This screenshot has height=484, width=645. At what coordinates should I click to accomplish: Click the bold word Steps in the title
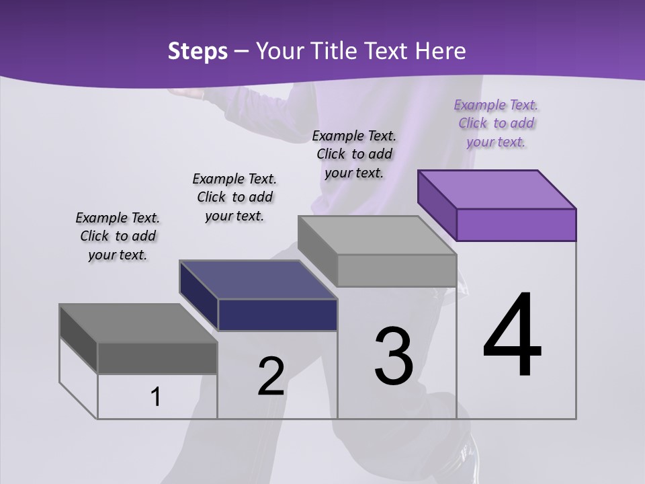click(x=198, y=51)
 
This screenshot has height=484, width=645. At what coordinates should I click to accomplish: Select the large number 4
click(x=512, y=335)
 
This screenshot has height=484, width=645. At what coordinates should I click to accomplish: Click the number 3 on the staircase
click(x=394, y=356)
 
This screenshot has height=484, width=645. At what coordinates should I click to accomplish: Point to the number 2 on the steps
click(x=271, y=376)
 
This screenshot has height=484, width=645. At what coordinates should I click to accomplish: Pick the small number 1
click(x=156, y=397)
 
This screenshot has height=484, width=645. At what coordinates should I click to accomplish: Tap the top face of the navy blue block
click(x=259, y=280)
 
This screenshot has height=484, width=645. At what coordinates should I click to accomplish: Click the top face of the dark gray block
click(x=138, y=323)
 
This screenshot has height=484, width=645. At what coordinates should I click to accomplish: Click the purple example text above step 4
click(x=496, y=124)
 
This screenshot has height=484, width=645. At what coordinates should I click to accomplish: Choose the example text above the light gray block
click(x=354, y=155)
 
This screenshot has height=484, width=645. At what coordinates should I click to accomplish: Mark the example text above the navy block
click(x=234, y=197)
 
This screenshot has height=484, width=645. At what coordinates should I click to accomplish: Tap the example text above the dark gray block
click(x=118, y=237)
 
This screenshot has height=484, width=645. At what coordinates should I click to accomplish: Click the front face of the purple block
click(x=516, y=225)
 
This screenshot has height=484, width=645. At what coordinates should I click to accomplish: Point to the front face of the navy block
click(x=277, y=315)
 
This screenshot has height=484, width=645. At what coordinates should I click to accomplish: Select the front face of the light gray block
click(x=396, y=270)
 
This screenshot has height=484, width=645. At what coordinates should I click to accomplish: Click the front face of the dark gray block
click(x=157, y=358)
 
